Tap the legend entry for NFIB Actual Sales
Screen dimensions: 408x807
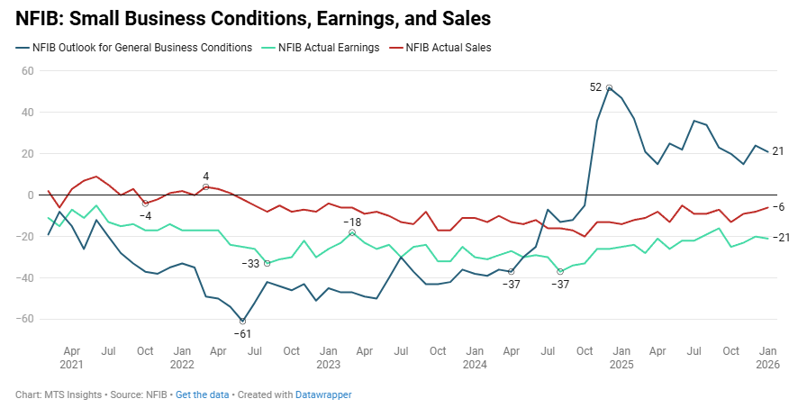coord(448,48)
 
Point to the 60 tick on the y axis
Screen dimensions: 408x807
coord(26,71)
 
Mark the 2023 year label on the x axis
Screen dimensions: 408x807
coord(328,365)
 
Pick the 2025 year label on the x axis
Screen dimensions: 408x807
coord(621,365)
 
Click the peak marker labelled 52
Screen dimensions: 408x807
coord(610,88)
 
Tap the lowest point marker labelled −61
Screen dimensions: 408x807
coord(242,322)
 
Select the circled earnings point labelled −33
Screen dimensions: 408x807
coord(267,263)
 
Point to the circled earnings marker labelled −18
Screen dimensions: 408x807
coord(352,232)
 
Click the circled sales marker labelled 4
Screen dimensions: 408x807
coord(205,186)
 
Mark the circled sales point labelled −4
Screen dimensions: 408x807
coord(145,204)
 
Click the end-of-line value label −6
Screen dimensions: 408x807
coord(779,207)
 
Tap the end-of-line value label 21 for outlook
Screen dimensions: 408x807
coord(779,151)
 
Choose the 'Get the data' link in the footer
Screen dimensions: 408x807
coord(203,395)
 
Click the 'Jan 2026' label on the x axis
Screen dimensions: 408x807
coord(767,357)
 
